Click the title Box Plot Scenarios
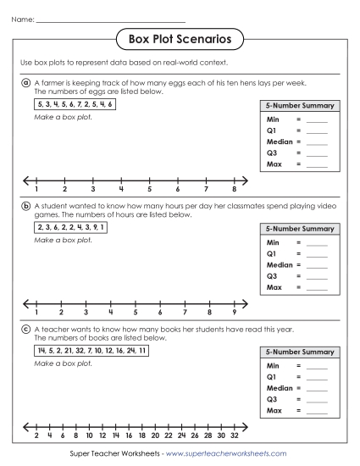coord(179,38)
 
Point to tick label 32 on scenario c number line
coord(234,435)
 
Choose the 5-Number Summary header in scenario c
coord(299,352)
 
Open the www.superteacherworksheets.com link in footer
coord(225,454)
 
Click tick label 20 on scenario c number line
coord(154,435)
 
